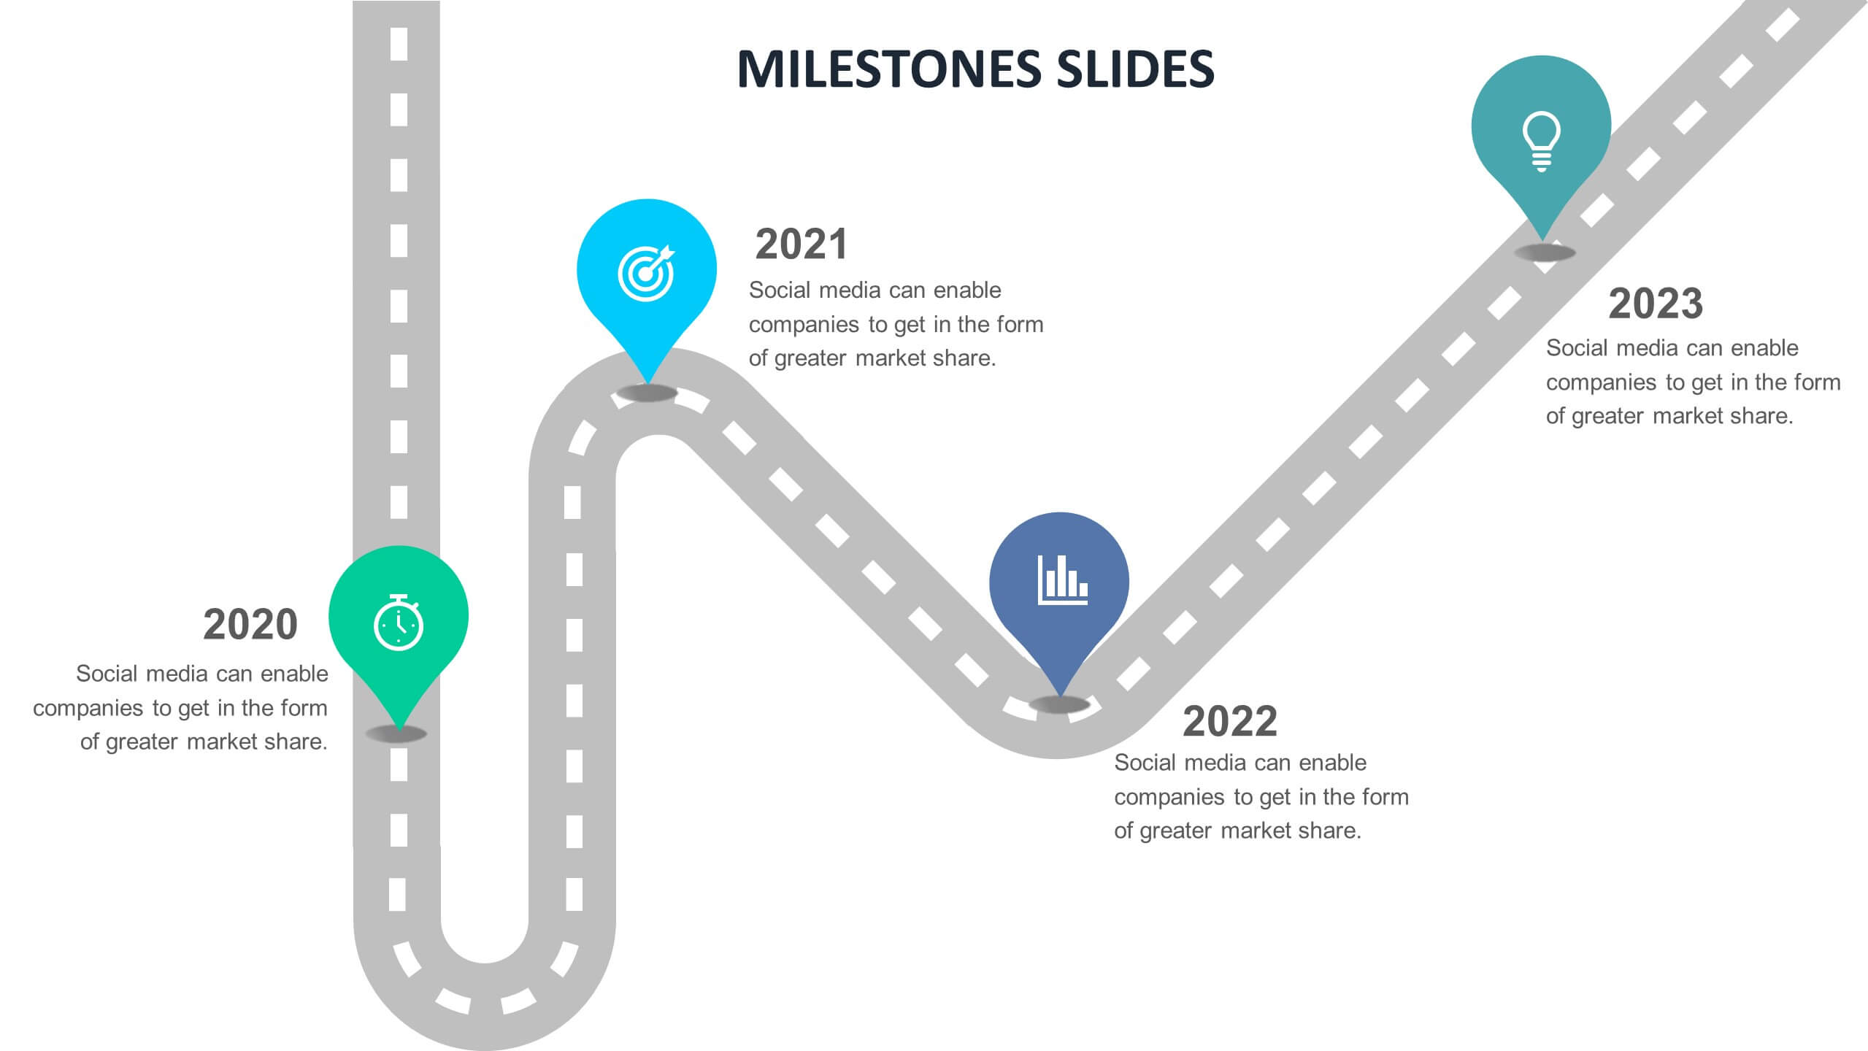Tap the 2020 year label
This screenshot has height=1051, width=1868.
click(250, 625)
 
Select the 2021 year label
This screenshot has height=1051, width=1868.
click(801, 244)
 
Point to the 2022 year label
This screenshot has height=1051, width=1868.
click(1229, 721)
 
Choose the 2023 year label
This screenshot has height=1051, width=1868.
click(1655, 304)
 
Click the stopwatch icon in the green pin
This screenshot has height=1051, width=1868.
click(399, 623)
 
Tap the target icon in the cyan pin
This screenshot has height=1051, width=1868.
click(646, 274)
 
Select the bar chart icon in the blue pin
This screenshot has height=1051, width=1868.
click(1062, 581)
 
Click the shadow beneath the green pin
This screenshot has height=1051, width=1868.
click(396, 734)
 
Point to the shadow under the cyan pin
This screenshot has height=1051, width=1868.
click(647, 393)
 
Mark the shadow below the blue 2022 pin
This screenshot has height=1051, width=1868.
click(1059, 705)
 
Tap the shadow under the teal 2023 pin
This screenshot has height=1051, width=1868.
click(1545, 253)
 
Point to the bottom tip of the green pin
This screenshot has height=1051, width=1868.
click(399, 727)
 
